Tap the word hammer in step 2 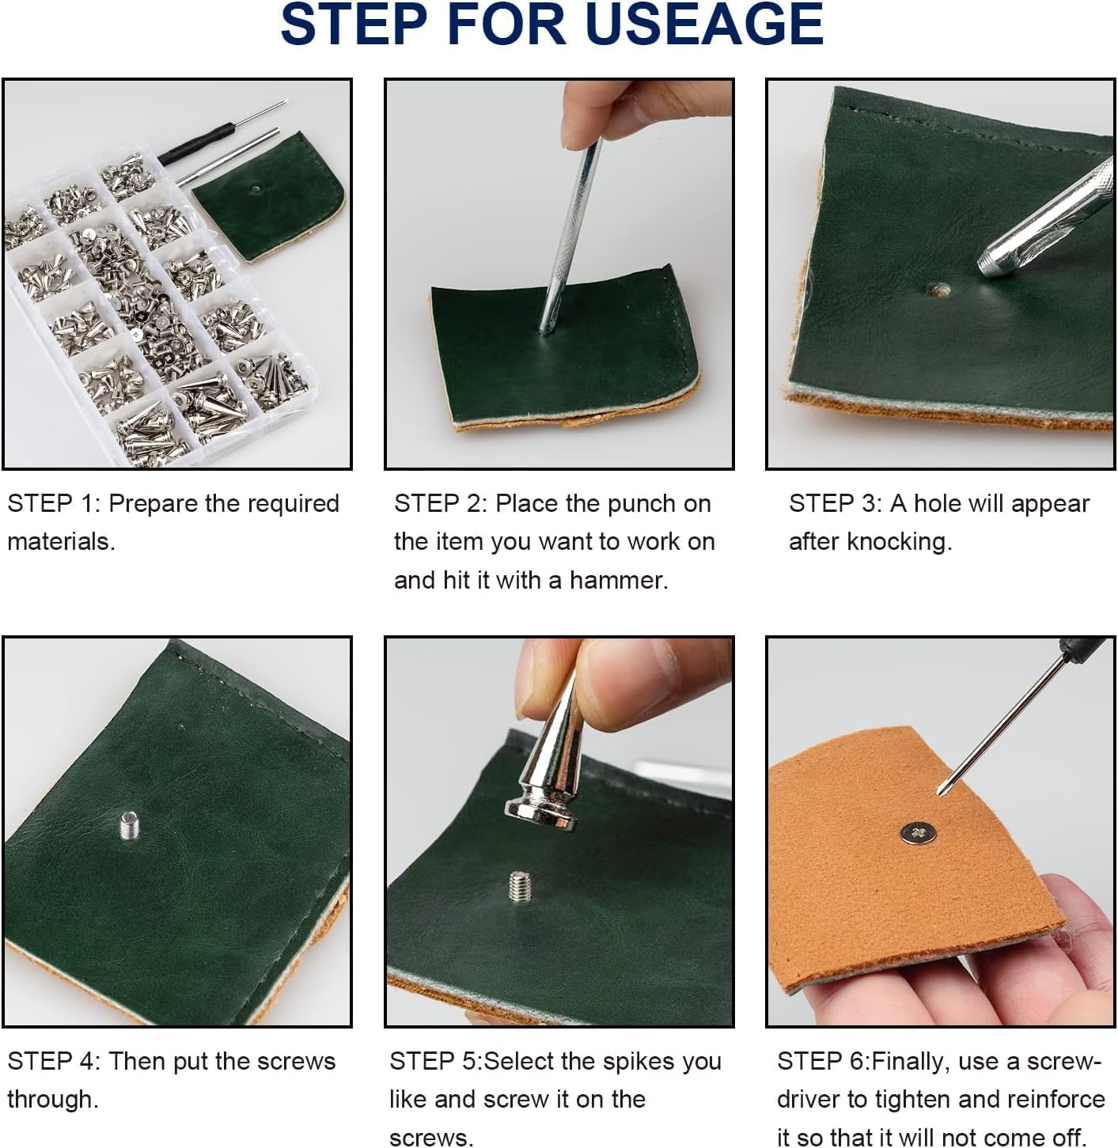[x=619, y=581]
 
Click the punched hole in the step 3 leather [x=936, y=290]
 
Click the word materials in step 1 [x=61, y=542]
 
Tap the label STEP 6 [x=822, y=1061]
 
